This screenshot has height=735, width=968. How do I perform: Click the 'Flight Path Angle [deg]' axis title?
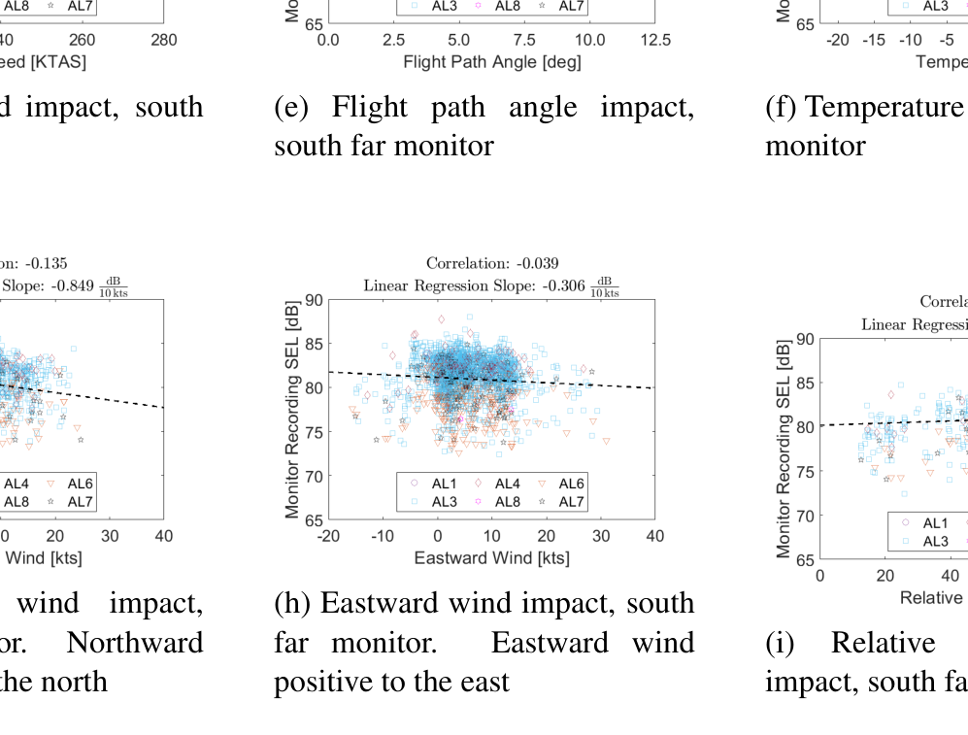click(x=491, y=62)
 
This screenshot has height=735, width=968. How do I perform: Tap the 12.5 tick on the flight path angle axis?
click(x=655, y=41)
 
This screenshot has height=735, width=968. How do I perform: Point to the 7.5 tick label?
click(x=524, y=41)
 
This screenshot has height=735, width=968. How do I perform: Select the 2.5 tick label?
click(x=393, y=41)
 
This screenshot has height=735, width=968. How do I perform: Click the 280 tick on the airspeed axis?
click(x=164, y=41)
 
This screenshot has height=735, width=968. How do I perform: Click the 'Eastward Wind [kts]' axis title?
click(x=491, y=558)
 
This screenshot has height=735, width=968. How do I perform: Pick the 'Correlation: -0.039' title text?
click(x=492, y=263)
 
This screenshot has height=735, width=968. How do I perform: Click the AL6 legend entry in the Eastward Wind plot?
click(x=571, y=484)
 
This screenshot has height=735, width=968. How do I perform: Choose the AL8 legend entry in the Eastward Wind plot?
click(x=507, y=502)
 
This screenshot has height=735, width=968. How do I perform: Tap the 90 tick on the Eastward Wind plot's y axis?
click(x=314, y=300)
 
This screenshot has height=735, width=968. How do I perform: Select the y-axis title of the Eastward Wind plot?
click(x=292, y=410)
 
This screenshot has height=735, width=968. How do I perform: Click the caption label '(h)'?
click(x=291, y=604)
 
